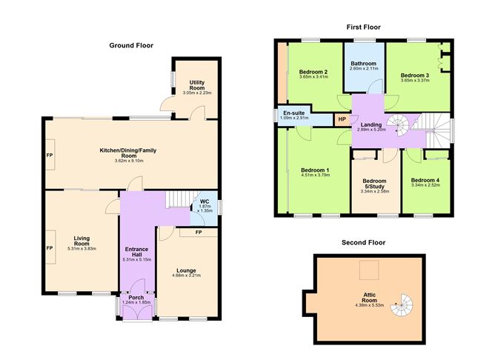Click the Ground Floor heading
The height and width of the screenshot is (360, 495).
(131, 46)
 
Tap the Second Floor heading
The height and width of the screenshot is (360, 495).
(363, 242)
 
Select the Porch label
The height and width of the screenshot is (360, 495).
(136, 298)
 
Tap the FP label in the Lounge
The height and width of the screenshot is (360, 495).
(199, 233)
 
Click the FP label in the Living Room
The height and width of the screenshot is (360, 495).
(50, 247)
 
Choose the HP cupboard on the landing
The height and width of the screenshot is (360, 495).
(342, 119)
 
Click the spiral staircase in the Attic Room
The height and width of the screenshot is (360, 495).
(406, 300)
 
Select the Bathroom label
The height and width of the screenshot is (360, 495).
(364, 64)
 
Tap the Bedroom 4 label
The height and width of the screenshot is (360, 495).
(425, 180)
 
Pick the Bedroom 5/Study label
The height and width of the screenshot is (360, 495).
(374, 183)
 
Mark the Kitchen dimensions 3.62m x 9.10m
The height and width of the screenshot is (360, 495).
(129, 161)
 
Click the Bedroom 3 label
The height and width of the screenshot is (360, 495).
(415, 75)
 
